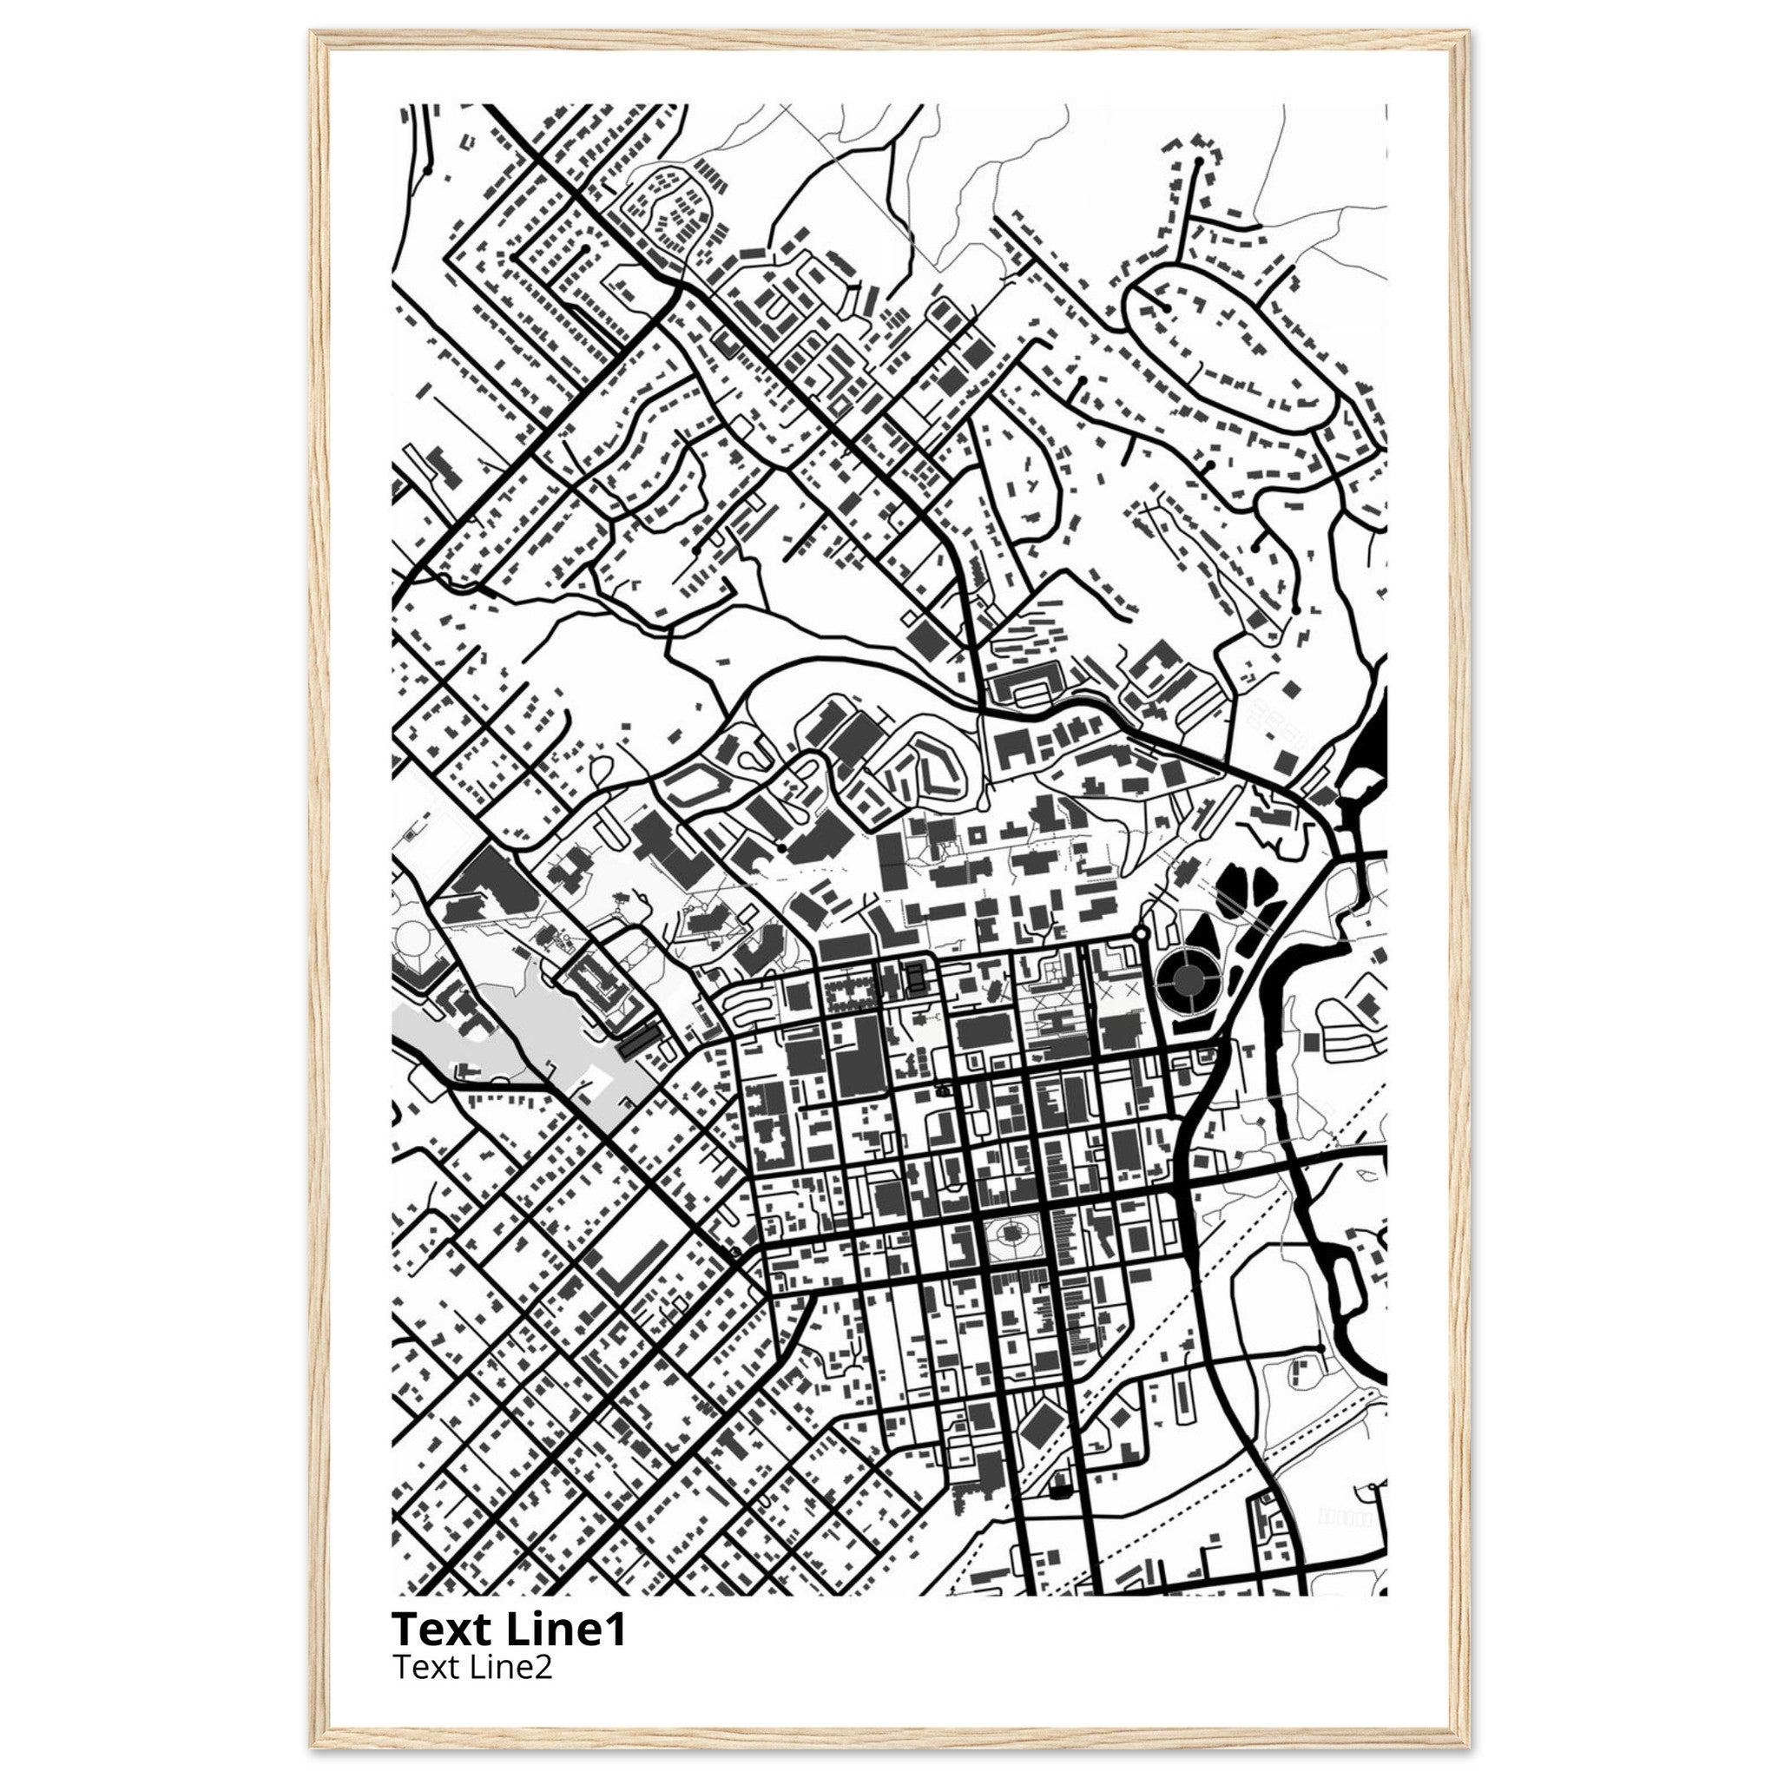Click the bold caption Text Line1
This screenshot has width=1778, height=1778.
tap(509, 1630)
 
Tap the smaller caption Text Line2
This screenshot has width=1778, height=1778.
tap(471, 1667)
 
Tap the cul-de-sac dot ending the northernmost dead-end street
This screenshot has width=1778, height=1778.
tap(1198, 162)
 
